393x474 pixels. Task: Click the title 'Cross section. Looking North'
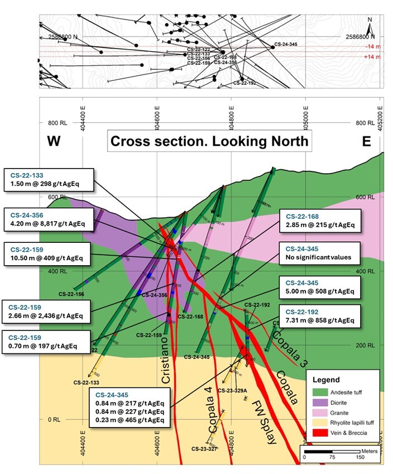tap(209, 141)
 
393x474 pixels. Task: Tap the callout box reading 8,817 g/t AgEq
tap(48, 219)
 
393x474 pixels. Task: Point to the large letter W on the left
tap(53, 141)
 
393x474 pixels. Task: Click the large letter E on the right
tap(367, 141)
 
